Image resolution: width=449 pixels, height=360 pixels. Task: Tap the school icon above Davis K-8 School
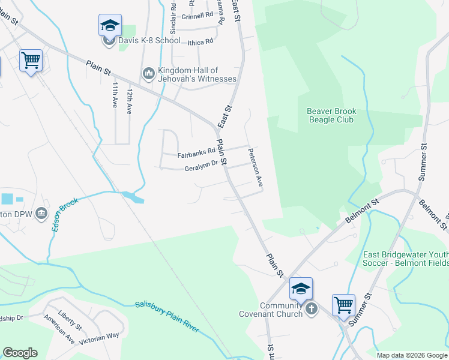click(110, 25)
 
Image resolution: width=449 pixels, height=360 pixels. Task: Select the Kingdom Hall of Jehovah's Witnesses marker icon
click(148, 74)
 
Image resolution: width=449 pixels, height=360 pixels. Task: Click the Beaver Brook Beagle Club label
click(331, 115)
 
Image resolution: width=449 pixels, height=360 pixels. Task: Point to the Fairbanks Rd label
click(196, 154)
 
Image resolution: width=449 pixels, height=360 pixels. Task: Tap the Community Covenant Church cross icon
click(311, 309)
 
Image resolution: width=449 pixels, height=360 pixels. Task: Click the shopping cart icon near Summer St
click(344, 304)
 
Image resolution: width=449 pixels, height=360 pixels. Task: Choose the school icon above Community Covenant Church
click(301, 289)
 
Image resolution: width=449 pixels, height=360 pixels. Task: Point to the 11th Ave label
click(114, 95)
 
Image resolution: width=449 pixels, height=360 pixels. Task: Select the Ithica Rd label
click(200, 41)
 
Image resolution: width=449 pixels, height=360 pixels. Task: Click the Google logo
click(20, 353)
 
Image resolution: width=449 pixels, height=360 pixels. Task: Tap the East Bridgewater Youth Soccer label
click(406, 258)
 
